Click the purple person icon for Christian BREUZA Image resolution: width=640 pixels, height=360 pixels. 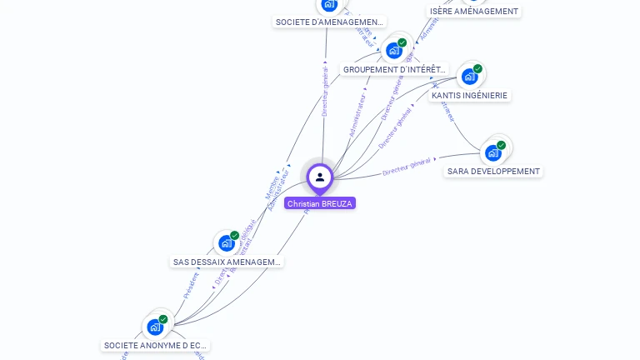319,177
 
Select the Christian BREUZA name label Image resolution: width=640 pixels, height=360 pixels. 320,203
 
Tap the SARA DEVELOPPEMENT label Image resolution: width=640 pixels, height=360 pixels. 493,172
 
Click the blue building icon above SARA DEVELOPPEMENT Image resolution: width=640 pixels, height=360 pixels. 492,153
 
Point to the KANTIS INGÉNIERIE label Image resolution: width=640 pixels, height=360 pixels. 469,96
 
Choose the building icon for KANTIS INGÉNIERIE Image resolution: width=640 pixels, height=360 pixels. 469,77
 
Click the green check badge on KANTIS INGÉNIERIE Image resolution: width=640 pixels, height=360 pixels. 477,68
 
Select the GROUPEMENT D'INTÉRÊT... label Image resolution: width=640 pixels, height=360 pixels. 395,70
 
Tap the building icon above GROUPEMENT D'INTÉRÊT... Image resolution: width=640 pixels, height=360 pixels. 394,51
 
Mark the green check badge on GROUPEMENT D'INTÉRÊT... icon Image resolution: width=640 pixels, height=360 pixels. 402,42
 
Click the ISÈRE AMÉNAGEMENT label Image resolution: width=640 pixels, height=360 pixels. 474,12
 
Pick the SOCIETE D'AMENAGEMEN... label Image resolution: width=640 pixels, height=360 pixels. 329,22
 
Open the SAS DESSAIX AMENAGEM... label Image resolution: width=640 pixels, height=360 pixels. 227,262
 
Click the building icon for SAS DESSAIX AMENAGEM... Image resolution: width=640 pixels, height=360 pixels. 226,243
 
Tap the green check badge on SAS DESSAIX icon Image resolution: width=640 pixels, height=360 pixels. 235,235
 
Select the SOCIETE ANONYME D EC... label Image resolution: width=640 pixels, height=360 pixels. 155,345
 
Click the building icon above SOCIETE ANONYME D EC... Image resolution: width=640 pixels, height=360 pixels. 155,327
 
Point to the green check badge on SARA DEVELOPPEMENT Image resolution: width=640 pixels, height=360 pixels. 501,145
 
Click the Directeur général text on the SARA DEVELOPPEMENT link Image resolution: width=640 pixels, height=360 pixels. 407,167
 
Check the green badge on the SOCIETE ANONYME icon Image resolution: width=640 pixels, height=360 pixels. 163,318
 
